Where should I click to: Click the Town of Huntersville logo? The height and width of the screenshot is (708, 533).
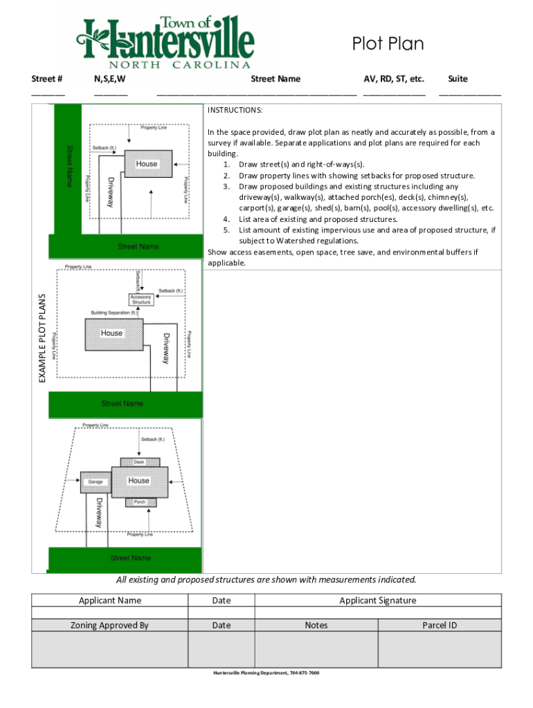[166, 41]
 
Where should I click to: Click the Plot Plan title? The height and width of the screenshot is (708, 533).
[388, 45]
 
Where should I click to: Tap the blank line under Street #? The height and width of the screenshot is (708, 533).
[48, 94]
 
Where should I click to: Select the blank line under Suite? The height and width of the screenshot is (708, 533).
[470, 94]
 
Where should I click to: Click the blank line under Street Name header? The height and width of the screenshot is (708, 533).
[256, 94]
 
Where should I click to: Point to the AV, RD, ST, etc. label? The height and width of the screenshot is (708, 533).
[394, 79]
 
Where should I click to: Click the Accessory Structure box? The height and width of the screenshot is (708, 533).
[141, 299]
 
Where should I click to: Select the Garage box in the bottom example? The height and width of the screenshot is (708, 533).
[96, 481]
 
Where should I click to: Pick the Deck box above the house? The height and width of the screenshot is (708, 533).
[139, 462]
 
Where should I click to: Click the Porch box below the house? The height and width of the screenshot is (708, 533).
[140, 501]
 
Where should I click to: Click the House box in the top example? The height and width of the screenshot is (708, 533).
[147, 164]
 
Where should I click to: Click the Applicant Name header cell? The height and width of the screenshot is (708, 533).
[110, 600]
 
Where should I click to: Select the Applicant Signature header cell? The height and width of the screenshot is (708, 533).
[378, 600]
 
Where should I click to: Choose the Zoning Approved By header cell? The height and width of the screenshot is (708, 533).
[110, 625]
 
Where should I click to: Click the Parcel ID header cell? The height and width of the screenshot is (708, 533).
[440, 625]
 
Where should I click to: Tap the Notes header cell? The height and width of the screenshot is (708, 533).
[316, 625]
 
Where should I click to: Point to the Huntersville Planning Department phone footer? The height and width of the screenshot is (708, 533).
[266, 673]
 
